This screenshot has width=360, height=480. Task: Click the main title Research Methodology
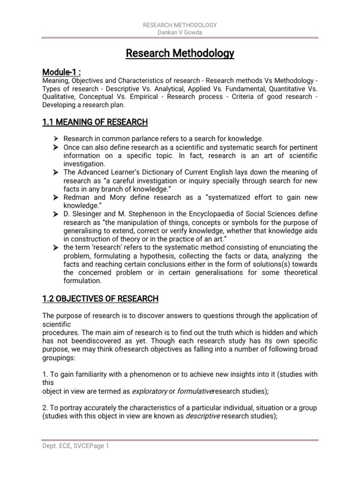180,54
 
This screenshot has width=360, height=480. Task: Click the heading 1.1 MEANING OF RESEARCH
95,122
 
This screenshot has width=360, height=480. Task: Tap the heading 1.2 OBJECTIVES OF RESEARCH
100,299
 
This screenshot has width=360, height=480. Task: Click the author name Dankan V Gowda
180,33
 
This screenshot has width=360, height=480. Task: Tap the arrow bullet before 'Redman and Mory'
56,197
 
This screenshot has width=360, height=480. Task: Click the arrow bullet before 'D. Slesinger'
56,214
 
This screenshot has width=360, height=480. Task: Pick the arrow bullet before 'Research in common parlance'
56,139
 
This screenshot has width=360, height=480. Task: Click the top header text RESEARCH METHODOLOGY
180,25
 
